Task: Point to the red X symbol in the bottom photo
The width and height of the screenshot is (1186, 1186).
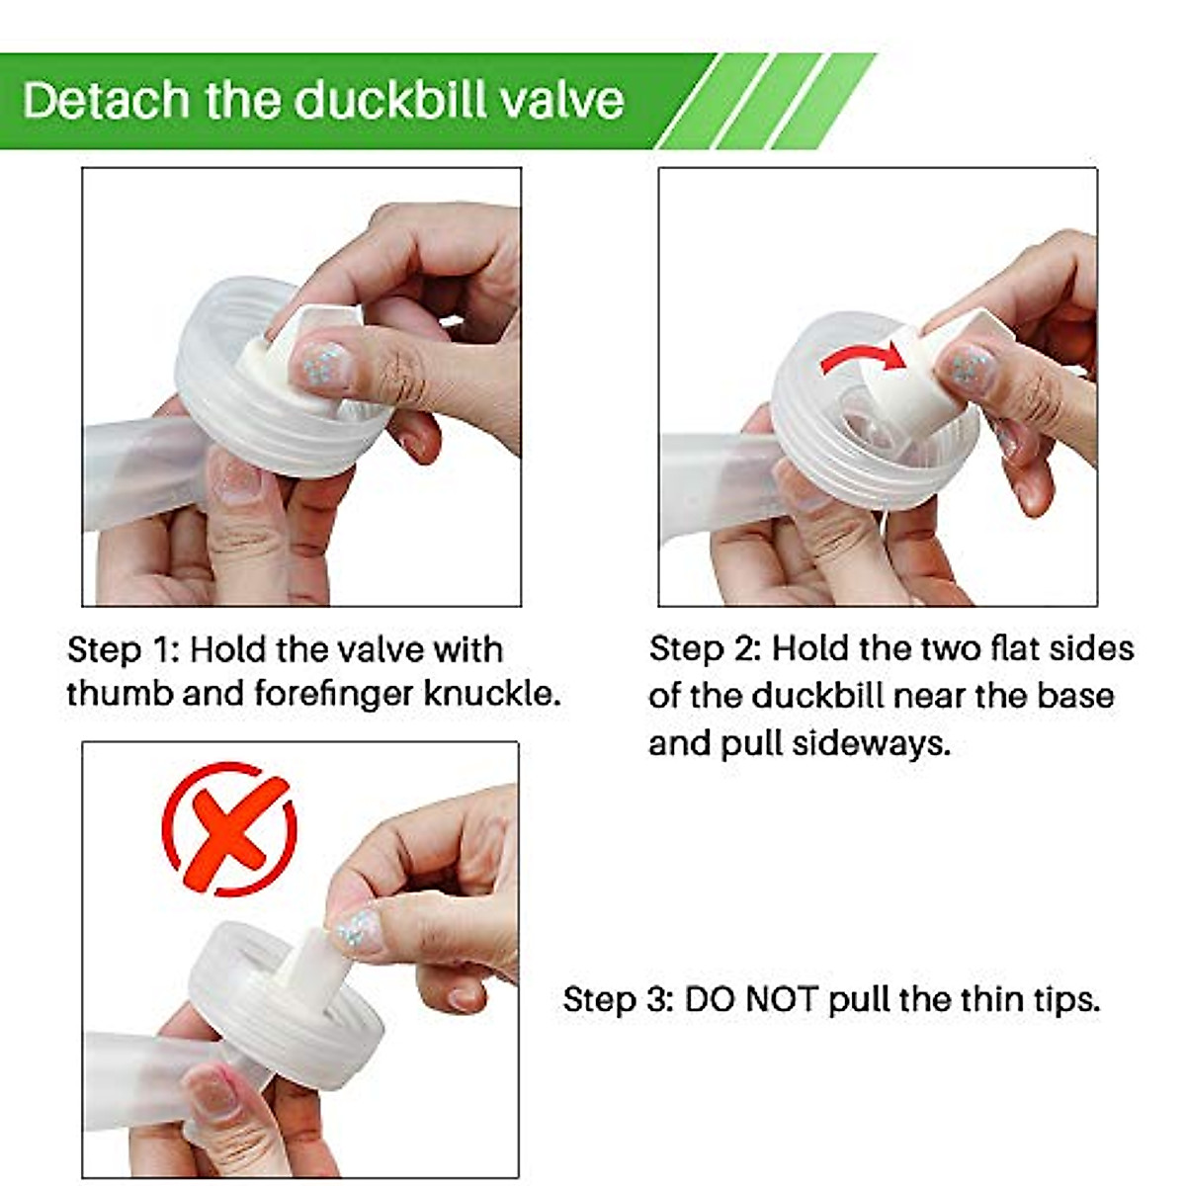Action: [x=229, y=828]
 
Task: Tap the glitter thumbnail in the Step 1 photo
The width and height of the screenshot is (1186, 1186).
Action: [x=323, y=365]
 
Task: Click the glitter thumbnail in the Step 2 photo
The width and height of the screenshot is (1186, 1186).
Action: [x=969, y=368]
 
